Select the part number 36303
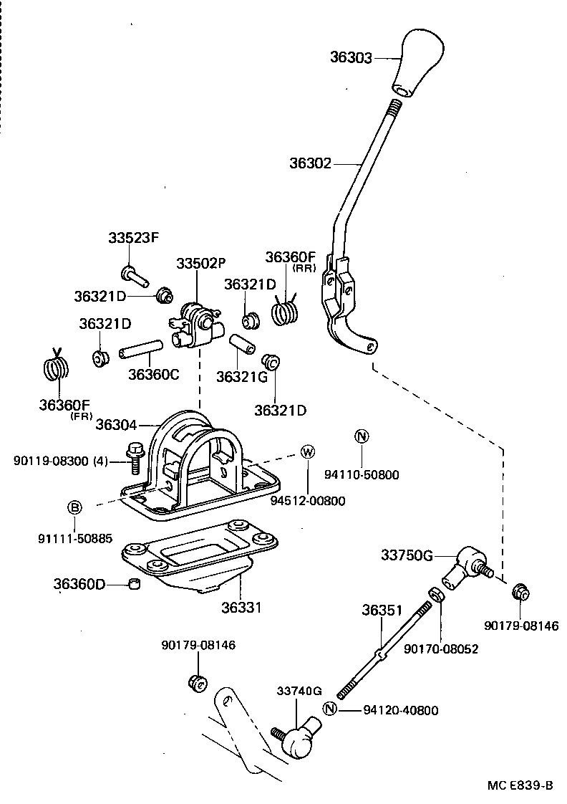point(351,57)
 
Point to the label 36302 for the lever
point(310,163)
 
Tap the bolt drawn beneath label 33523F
point(134,274)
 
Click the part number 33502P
point(198,264)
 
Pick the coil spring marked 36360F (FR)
point(56,368)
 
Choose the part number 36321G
point(237,376)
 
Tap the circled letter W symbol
point(307,451)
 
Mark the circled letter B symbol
point(74,507)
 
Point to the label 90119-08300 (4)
point(60,461)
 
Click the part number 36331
point(241,607)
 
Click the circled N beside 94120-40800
point(329,709)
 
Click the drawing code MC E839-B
point(520,785)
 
